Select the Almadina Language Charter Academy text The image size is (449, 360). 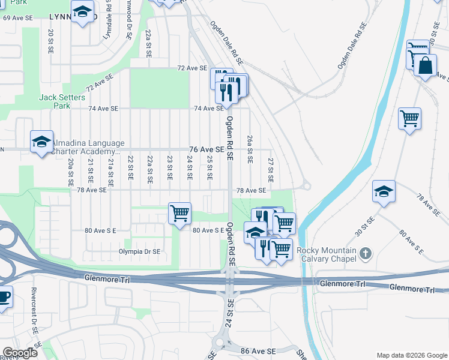coord(88,148)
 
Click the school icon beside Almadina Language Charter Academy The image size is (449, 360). coord(41,142)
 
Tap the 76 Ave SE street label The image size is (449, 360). coord(206,149)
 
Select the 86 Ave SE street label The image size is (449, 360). coord(259,350)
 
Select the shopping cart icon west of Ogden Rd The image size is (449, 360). coord(179,214)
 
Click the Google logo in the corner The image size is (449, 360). coord(20,353)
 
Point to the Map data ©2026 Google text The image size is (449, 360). coord(411,355)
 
